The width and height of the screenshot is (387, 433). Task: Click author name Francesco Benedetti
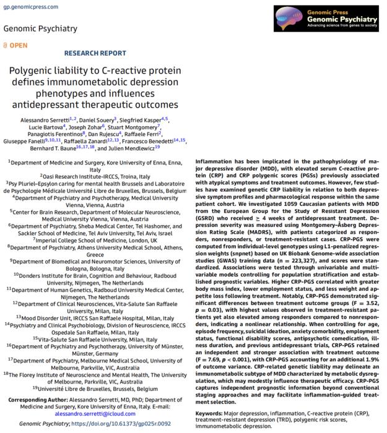pyautogui.click(x=145, y=141)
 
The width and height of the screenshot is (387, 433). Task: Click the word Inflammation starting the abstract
pyautogui.click(x=214, y=161)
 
